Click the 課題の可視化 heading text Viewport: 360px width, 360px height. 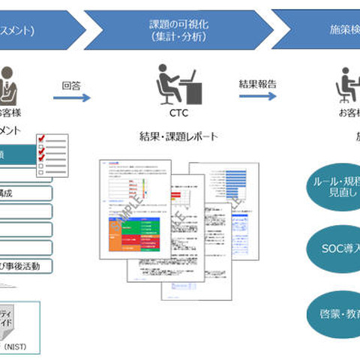179,24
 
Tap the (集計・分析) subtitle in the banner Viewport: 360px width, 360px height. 179,37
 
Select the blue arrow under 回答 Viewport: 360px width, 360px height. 72,97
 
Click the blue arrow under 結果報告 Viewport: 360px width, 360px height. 257,96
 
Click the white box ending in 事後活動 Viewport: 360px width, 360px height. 25,265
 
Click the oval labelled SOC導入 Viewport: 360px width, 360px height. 334,247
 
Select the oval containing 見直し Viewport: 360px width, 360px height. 334,187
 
